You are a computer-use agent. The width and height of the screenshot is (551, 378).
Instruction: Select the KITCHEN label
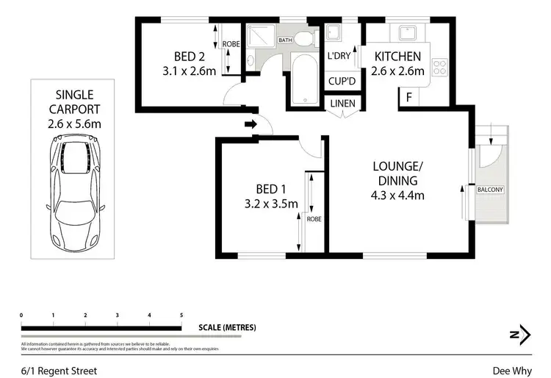[x=397, y=57]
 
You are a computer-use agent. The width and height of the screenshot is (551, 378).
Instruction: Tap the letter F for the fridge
[x=408, y=96]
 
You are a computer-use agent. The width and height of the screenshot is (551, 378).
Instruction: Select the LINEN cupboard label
[x=342, y=104]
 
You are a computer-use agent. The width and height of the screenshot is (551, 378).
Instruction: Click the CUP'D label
[x=342, y=81]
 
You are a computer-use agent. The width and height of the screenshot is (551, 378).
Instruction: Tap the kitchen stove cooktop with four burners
[x=441, y=68]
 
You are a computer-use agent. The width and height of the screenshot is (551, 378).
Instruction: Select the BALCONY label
[x=490, y=190]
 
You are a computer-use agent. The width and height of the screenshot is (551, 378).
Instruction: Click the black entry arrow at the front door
[x=251, y=124]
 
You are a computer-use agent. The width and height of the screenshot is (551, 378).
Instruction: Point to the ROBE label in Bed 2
[x=231, y=44]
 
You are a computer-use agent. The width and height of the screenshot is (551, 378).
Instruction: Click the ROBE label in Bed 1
[x=314, y=219]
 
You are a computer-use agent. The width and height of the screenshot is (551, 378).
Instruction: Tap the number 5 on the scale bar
[x=181, y=315]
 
